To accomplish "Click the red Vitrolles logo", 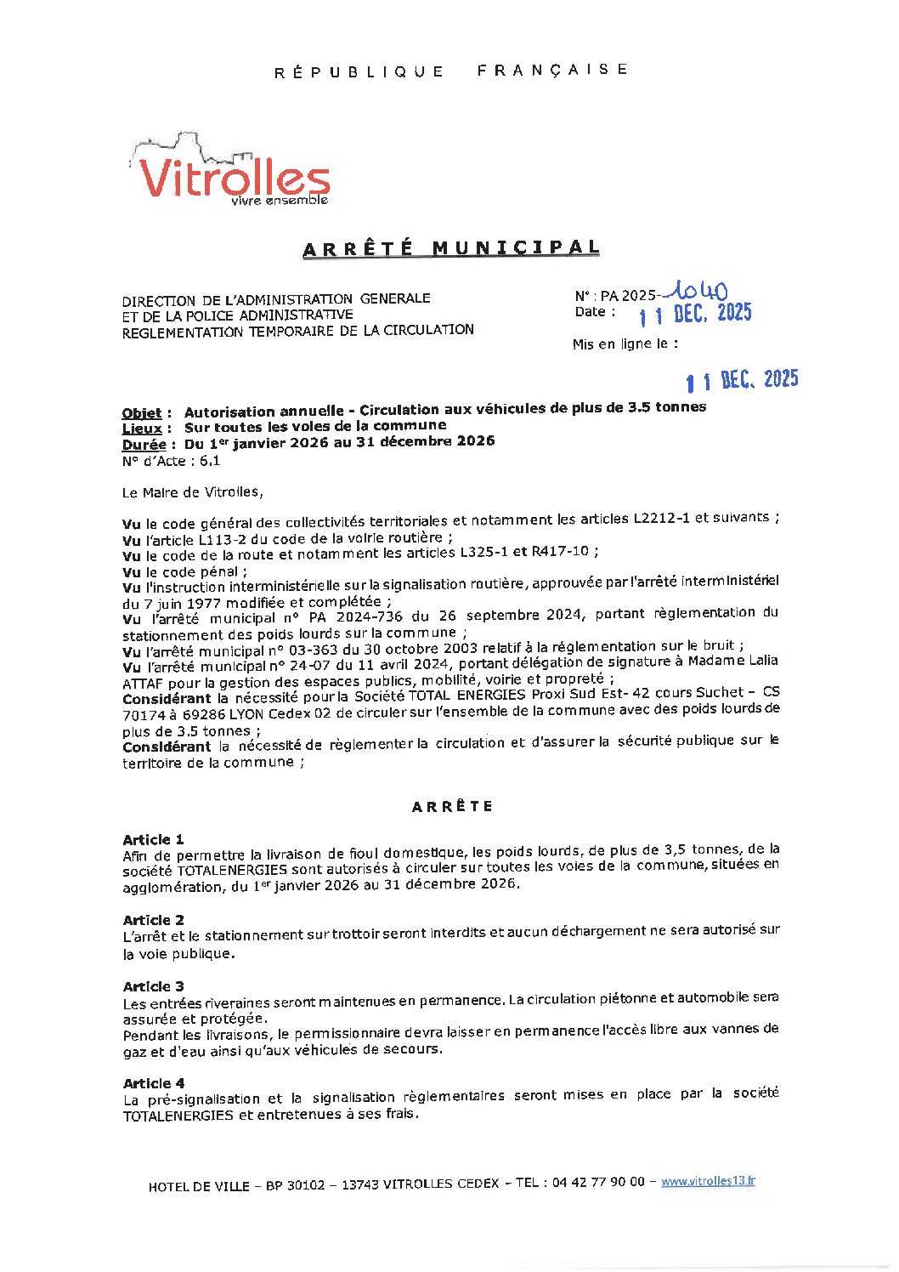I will [231, 174].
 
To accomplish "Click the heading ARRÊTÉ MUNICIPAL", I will [451, 248].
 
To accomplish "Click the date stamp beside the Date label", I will [695, 315].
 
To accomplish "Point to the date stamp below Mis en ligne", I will [742, 380].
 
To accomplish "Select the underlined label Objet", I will [141, 413].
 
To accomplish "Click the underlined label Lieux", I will [141, 429].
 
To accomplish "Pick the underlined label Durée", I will [144, 445].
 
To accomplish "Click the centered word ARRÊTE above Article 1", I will [452, 806].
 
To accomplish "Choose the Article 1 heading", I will [153, 839].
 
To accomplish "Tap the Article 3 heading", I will [153, 986].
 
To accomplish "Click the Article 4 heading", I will [153, 1083].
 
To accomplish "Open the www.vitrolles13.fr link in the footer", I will [708, 1181].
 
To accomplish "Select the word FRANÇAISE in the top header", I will [552, 70].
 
